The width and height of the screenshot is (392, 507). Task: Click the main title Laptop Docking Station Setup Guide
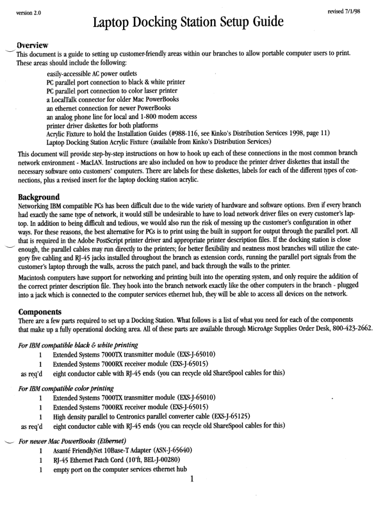click(x=195, y=26)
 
